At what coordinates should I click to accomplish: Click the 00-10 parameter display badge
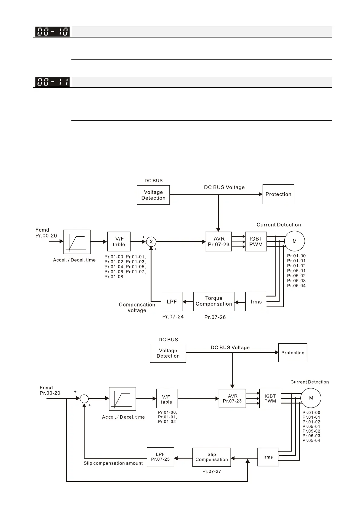(x=52, y=31)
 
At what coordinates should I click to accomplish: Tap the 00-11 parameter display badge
(x=52, y=82)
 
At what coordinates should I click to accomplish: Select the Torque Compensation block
(x=214, y=301)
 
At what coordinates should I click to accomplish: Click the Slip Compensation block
(x=211, y=457)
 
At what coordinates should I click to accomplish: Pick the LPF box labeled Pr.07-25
(x=160, y=457)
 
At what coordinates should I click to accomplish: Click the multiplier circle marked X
(x=151, y=242)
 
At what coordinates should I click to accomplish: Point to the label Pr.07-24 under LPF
(x=173, y=317)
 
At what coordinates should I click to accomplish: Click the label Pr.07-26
(x=215, y=317)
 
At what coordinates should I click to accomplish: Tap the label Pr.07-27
(x=211, y=471)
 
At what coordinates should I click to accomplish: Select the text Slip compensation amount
(x=113, y=463)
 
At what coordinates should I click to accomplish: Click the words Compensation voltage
(x=137, y=308)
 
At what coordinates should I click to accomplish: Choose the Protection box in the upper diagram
(x=278, y=194)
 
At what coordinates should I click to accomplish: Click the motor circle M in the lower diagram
(x=311, y=398)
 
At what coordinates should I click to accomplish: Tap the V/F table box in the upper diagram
(x=119, y=242)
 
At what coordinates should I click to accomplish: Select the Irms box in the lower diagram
(x=268, y=457)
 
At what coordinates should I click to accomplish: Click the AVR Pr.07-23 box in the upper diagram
(x=219, y=242)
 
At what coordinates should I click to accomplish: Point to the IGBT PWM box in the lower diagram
(x=270, y=399)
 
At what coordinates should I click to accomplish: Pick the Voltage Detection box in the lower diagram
(x=168, y=353)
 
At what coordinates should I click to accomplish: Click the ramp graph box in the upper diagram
(x=77, y=242)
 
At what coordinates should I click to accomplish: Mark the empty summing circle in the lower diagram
(x=84, y=399)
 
